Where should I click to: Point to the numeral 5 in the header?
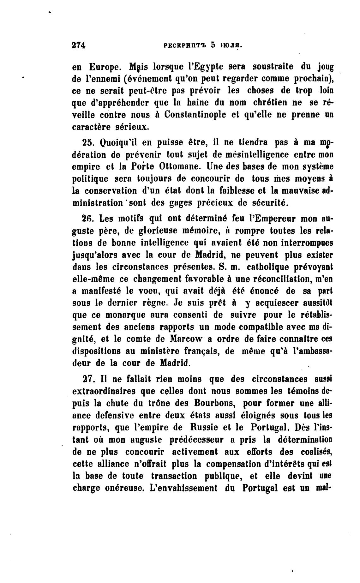coord(213,45)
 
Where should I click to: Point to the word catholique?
coord(267,267)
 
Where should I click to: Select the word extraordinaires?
coord(105,391)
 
